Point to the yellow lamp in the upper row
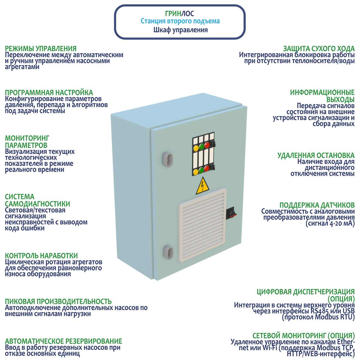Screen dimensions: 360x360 tap(196, 148)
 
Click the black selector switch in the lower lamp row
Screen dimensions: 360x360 tap(213, 167)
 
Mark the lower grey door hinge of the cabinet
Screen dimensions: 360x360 tap(167, 251)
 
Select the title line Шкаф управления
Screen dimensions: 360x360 tap(180, 30)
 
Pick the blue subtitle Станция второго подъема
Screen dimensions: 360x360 tap(180, 21)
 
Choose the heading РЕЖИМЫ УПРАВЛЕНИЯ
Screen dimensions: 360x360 tap(41, 48)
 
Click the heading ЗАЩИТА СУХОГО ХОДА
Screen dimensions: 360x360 tap(319, 48)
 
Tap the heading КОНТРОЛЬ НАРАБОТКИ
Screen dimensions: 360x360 tap(41, 256)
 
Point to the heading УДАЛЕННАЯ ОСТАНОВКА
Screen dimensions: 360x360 tap(316, 155)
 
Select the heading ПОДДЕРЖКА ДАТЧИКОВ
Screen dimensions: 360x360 tap(317, 205)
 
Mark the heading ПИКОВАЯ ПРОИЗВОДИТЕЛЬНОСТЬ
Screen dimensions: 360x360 tap(58, 301)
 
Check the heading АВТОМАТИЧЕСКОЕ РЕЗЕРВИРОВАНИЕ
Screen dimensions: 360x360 tap(64, 341)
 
